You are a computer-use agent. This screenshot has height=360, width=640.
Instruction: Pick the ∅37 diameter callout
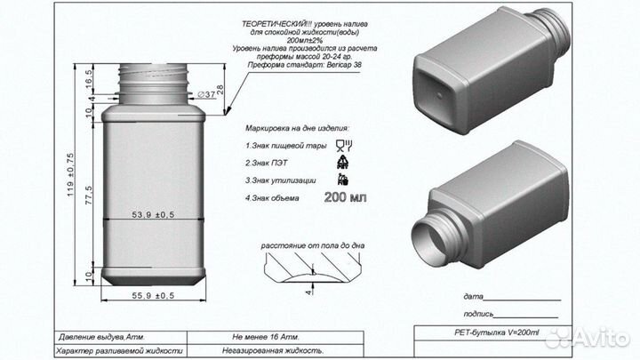(204, 92)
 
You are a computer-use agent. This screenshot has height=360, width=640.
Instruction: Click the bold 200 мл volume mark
(345, 197)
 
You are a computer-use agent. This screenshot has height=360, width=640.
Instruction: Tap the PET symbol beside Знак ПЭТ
(341, 162)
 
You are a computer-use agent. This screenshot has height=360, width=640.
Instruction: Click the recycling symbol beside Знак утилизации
(342, 180)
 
